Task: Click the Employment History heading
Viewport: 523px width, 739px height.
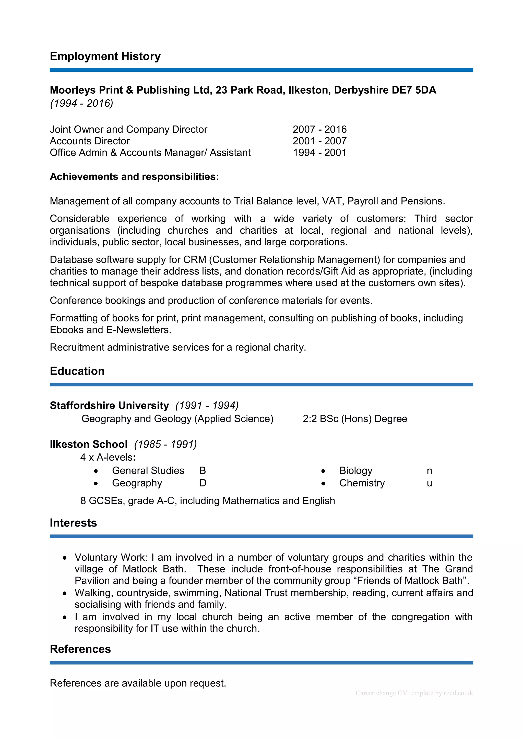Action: (105, 56)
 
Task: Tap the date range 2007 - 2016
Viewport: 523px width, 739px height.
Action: (319, 129)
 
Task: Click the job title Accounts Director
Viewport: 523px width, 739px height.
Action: (90, 141)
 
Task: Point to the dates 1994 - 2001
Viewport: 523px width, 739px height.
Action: (319, 153)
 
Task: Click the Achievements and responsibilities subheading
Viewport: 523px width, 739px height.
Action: (134, 177)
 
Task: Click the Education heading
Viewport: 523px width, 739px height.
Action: (77, 371)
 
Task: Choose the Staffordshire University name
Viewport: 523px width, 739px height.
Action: (109, 406)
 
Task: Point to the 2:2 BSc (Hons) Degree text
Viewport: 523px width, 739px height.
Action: (355, 419)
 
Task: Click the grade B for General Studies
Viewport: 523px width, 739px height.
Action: (202, 471)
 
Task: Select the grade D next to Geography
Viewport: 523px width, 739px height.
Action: (203, 483)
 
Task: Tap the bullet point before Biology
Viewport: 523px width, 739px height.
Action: (323, 471)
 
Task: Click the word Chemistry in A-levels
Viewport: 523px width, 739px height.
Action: (362, 483)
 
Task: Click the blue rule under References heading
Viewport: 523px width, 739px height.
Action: (261, 663)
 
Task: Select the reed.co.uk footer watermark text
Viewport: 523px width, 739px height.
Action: (414, 693)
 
